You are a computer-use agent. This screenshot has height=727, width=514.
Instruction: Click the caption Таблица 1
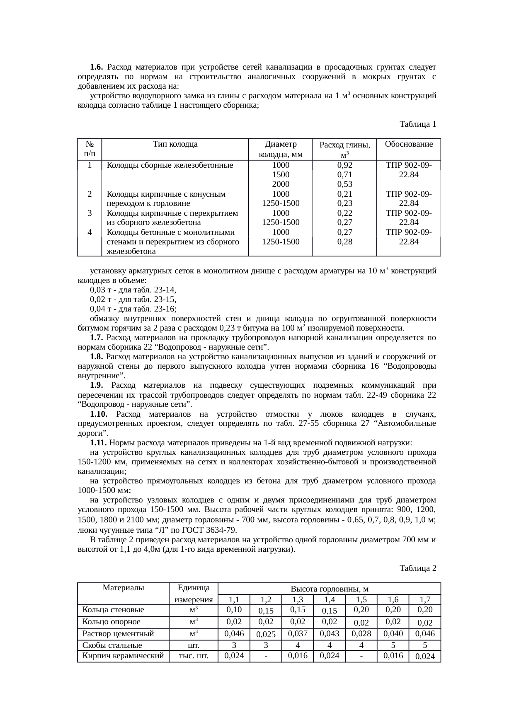[x=417, y=124]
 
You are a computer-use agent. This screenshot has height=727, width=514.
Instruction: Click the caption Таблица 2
[x=417, y=568]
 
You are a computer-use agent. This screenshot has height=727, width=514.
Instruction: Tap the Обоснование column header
[x=408, y=145]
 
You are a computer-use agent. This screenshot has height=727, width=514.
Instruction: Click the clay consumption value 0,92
[x=344, y=165]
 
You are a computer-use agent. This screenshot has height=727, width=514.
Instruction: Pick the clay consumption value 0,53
[x=344, y=184]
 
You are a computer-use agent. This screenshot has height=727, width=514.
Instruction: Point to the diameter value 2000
[x=280, y=184]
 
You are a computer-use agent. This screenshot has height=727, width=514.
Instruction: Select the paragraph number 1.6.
[x=96, y=67]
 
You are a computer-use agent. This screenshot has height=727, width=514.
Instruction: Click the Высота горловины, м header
[x=330, y=589]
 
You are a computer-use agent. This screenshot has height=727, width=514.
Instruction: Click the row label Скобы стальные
[x=112, y=645]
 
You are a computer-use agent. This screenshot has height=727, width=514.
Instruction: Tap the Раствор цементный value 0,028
[x=361, y=633]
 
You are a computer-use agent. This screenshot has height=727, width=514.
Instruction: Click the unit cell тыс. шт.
[x=193, y=656]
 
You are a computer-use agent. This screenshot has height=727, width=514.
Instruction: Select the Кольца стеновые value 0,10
[x=234, y=609]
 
